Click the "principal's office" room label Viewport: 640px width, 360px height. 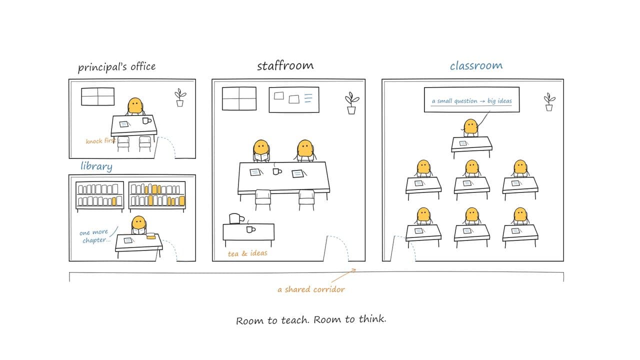(116, 67)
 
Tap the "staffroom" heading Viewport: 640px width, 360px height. (285, 65)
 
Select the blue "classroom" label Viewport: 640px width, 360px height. (476, 65)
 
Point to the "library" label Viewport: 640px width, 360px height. (96, 166)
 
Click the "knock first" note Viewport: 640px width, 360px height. (100, 141)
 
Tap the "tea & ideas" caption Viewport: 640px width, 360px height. (247, 253)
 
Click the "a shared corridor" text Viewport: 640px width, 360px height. (311, 289)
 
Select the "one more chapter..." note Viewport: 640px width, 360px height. (95, 236)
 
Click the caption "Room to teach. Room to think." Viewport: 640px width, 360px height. (311, 319)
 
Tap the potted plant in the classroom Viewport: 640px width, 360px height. (549, 102)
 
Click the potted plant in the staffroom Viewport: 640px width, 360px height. (351, 103)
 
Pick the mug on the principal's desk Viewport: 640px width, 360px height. (146, 120)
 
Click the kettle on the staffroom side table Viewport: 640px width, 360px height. (236, 218)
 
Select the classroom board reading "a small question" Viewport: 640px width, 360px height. (471, 99)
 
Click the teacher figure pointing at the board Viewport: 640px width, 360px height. (471, 127)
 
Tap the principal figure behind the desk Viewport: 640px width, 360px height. (135, 106)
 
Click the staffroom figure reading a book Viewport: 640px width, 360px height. (261, 150)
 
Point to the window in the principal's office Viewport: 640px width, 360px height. (97, 96)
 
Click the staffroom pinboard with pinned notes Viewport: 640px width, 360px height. (294, 99)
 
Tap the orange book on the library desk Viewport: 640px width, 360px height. (150, 236)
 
